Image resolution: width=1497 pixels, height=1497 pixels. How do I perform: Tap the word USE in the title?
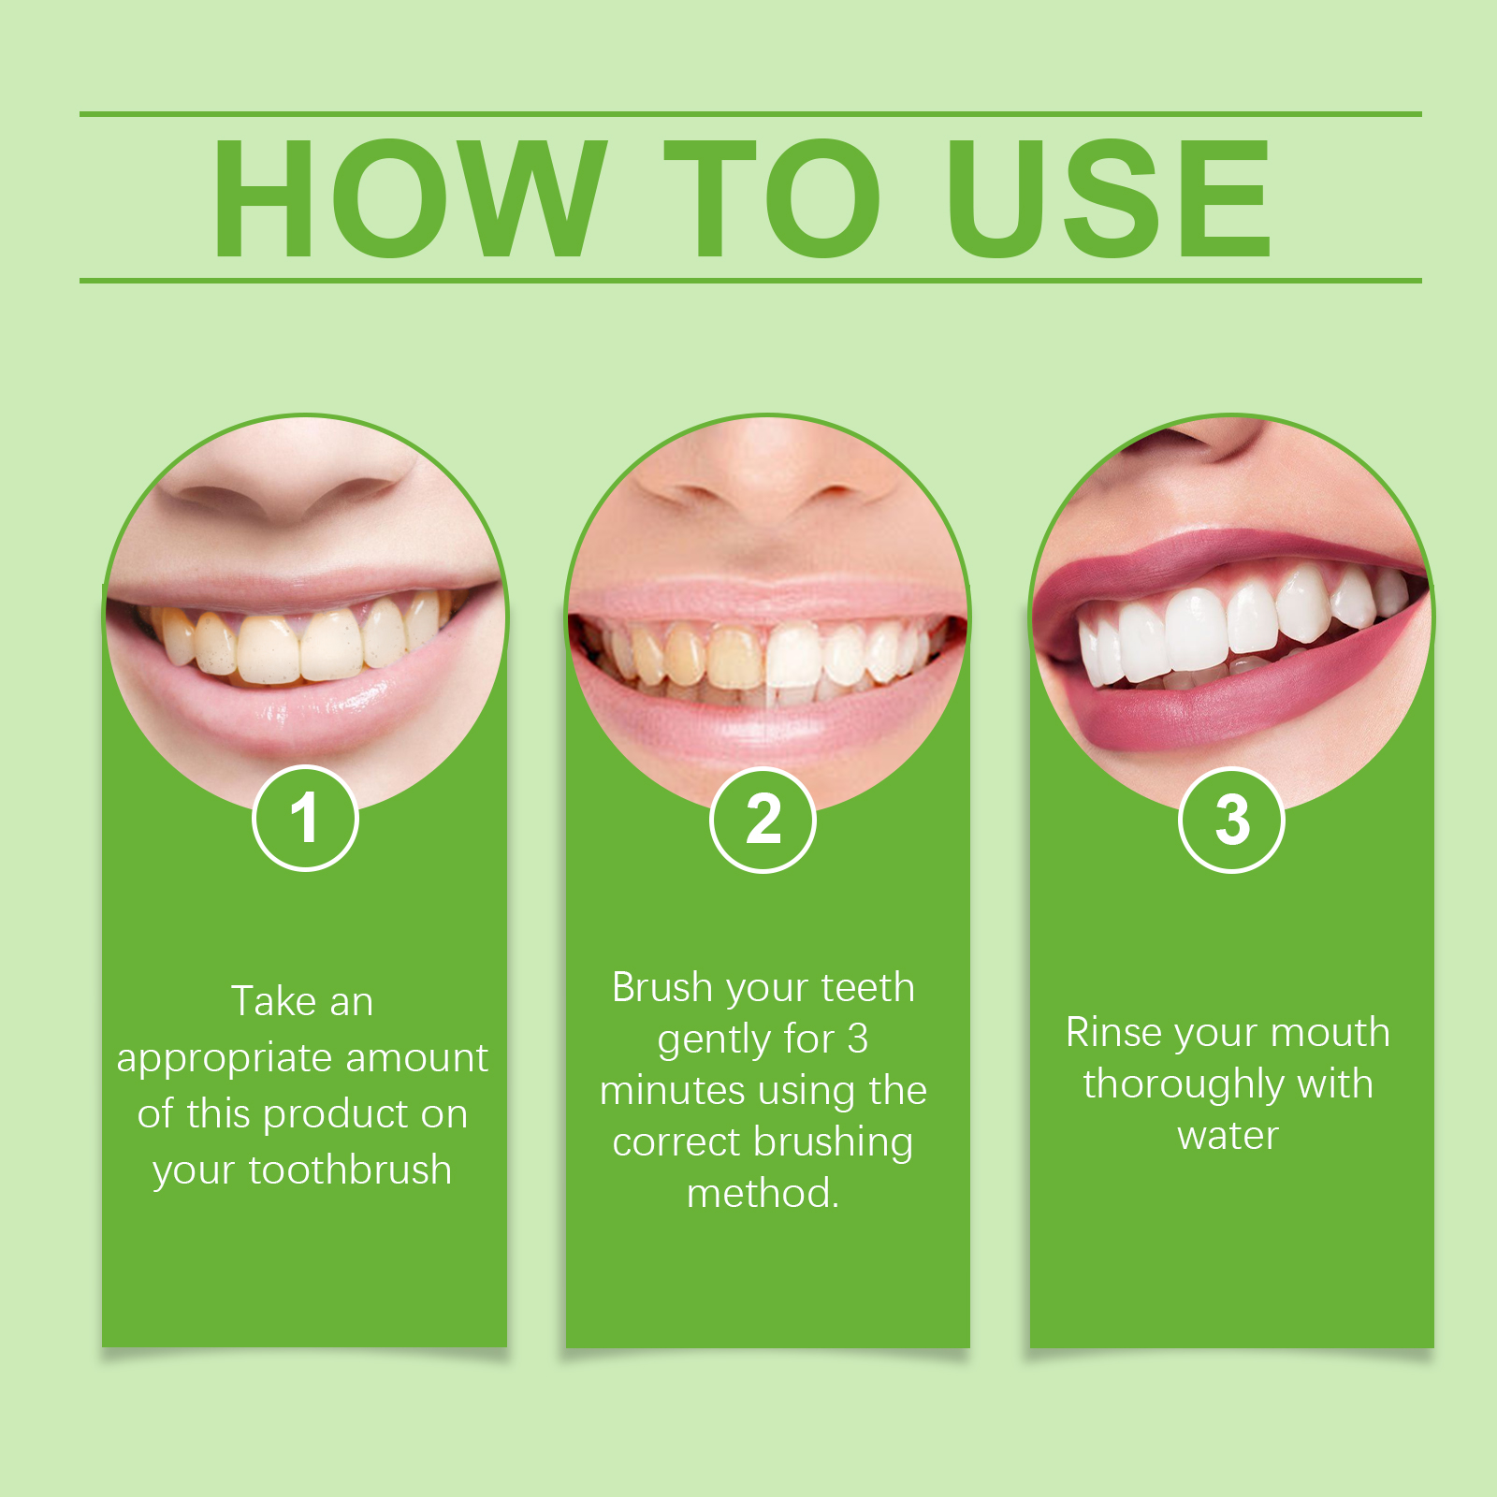pyautogui.click(x=1110, y=197)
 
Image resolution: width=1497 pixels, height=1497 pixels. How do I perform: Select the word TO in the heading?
pyautogui.click(x=773, y=197)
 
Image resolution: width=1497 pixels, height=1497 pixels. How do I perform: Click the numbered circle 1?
pyautogui.click(x=305, y=819)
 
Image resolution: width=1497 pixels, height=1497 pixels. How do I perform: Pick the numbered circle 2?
pyautogui.click(x=763, y=821)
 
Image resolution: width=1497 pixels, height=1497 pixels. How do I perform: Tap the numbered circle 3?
pyautogui.click(x=1231, y=821)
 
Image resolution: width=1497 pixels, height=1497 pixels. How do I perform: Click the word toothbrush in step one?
pyautogui.click(x=350, y=1170)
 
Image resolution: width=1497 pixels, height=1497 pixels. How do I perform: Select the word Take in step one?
pyautogui.click(x=273, y=1001)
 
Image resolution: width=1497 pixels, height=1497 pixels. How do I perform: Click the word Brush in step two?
pyautogui.click(x=662, y=987)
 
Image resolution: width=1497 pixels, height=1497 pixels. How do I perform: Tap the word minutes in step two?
pyautogui.click(x=673, y=1090)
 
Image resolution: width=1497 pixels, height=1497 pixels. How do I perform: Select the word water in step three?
pyautogui.click(x=1228, y=1137)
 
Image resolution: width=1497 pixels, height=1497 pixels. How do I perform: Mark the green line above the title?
pyautogui.click(x=750, y=114)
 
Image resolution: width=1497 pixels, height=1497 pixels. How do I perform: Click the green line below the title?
pyautogui.click(x=750, y=280)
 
